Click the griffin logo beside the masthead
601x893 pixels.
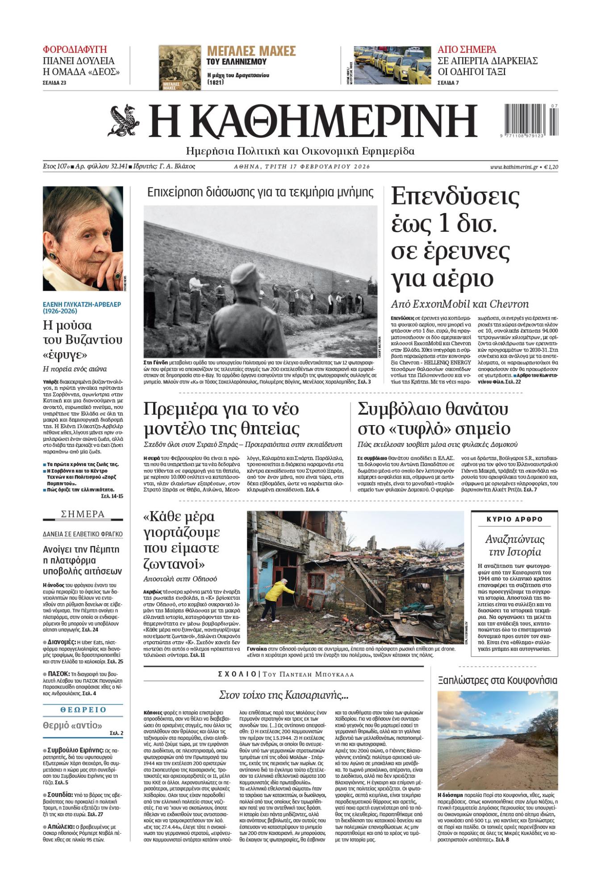click(124, 121)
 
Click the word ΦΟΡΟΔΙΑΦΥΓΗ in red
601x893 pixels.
click(75, 50)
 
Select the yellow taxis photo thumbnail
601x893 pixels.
click(392, 65)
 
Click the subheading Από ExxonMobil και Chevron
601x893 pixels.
click(460, 304)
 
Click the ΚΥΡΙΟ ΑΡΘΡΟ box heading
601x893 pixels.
click(514, 519)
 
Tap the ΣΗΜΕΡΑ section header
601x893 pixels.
click(83, 514)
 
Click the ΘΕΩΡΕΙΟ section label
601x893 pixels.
click(83, 709)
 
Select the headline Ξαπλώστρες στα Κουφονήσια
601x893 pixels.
click(497, 680)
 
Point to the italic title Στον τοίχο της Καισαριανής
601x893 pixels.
click(284, 695)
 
